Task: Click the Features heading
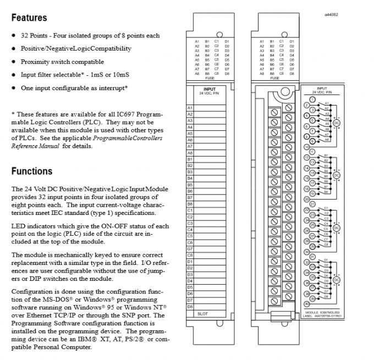[29, 18]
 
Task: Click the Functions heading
[32, 171]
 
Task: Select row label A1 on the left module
[190, 108]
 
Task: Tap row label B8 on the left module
[190, 204]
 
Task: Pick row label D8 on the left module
[190, 306]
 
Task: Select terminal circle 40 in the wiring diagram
[306, 304]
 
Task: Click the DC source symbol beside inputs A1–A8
[337, 123]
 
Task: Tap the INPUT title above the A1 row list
[210, 88]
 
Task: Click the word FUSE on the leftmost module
[210, 77]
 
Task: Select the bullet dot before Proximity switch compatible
[13, 62]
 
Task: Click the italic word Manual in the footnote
[51, 147]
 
